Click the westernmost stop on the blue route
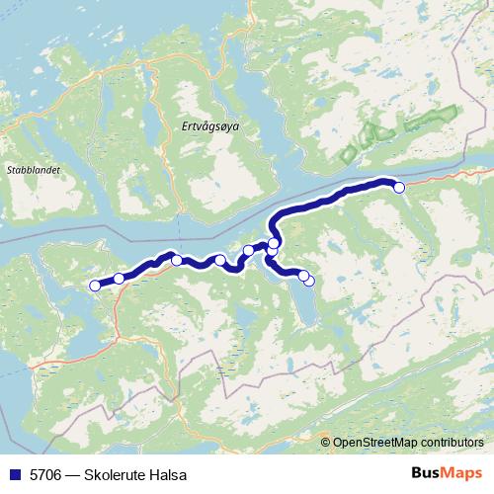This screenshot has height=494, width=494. click(x=95, y=286)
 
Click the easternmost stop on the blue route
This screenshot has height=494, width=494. click(x=399, y=187)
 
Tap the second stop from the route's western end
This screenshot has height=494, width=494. click(x=120, y=279)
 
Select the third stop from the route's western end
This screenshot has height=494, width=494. click(x=177, y=260)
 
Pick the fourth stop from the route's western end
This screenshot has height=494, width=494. click(x=219, y=260)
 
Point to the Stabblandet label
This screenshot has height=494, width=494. click(x=34, y=170)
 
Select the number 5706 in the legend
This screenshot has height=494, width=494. click(x=44, y=474)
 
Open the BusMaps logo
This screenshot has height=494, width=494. click(x=446, y=473)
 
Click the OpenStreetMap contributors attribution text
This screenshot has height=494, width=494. click(x=407, y=442)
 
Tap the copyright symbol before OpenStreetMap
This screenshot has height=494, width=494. click(x=325, y=442)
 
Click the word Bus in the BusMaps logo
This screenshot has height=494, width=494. click(x=426, y=473)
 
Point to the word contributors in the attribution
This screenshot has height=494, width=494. click(x=453, y=442)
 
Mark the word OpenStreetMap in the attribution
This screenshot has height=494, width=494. click(x=374, y=442)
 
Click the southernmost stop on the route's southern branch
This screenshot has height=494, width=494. click(x=309, y=281)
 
